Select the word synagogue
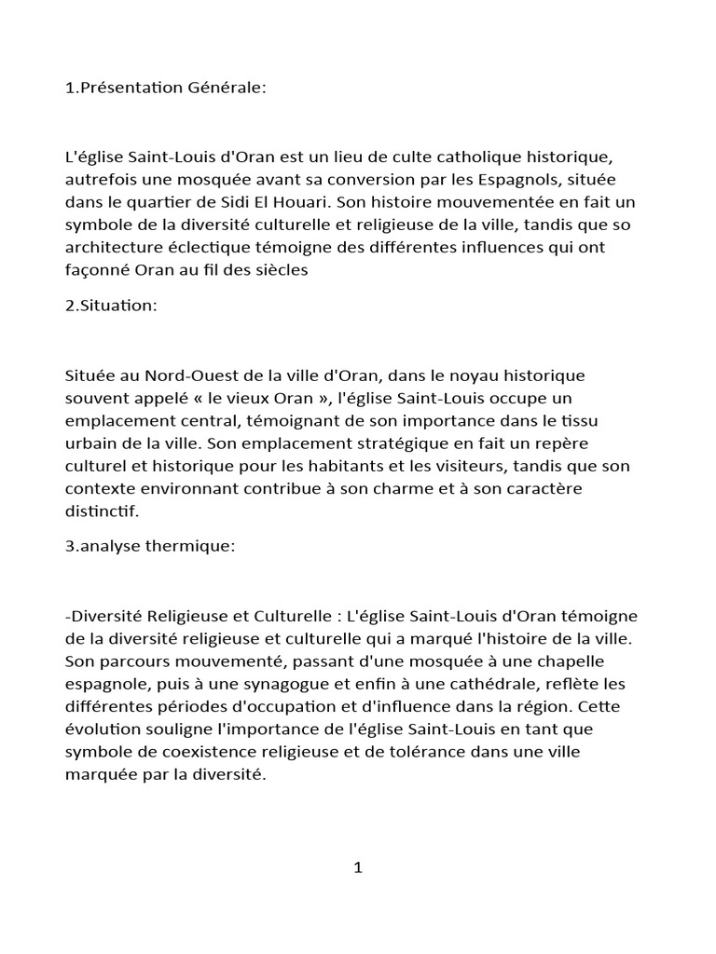243,683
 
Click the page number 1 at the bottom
357,868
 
